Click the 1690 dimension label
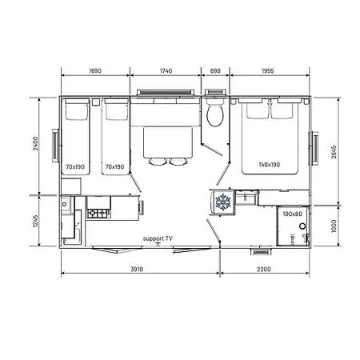point(95,70)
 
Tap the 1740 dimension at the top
point(166,70)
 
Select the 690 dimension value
point(215,70)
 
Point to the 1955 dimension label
point(267,70)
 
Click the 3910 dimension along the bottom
point(137,269)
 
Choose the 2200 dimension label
point(264,269)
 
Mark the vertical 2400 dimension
point(35,143)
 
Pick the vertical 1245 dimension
point(35,221)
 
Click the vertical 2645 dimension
point(334,152)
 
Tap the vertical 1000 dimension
point(334,226)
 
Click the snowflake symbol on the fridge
point(223,202)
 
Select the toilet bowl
point(215,115)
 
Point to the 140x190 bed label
point(270,165)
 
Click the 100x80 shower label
point(292,214)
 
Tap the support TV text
point(158,238)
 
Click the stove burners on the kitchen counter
point(98,214)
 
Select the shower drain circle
point(302,226)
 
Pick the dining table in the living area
point(168,142)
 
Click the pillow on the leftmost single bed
point(77,111)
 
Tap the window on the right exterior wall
point(314,148)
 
